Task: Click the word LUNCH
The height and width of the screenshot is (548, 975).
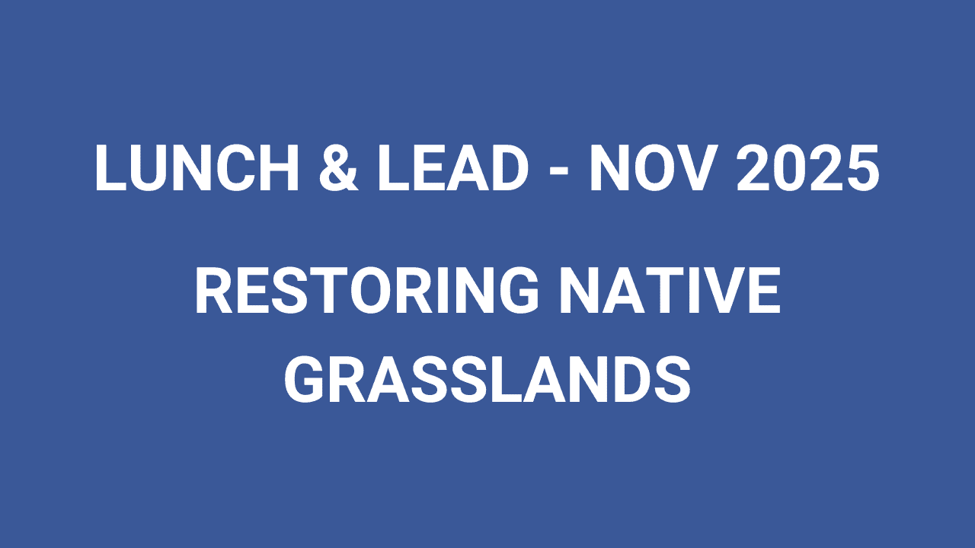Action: (197, 167)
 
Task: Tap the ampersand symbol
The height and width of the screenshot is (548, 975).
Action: (338, 167)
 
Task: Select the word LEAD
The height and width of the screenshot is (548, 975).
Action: (453, 167)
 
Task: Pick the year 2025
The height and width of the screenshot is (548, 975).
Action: (808, 167)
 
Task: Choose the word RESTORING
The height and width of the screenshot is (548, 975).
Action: (367, 290)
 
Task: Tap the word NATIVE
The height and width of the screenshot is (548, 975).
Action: (670, 290)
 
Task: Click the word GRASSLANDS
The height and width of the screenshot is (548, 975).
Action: (487, 378)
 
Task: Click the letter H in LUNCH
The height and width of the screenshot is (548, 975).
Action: (280, 167)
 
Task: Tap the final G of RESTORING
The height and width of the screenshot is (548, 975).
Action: (519, 290)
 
